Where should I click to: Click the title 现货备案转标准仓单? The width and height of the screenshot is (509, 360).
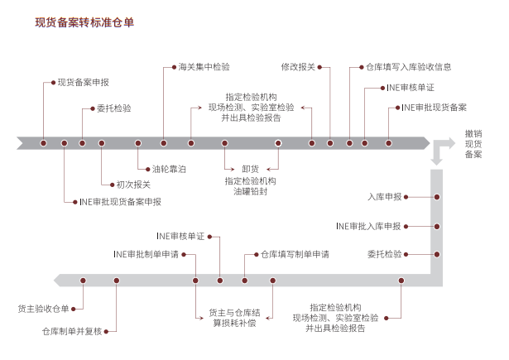pos(84,23)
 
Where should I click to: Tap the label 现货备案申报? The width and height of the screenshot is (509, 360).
pos(83,83)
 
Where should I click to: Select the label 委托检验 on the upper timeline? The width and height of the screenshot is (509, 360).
pos(113,108)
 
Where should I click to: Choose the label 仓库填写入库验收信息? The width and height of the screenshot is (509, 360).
pos(408,67)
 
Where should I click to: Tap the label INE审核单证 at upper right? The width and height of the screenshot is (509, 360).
pos(410,88)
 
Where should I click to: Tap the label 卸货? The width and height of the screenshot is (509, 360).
pos(250,168)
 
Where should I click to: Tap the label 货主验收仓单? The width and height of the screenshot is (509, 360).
pos(44,309)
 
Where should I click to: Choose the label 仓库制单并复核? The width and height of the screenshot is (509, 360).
pos(76,331)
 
